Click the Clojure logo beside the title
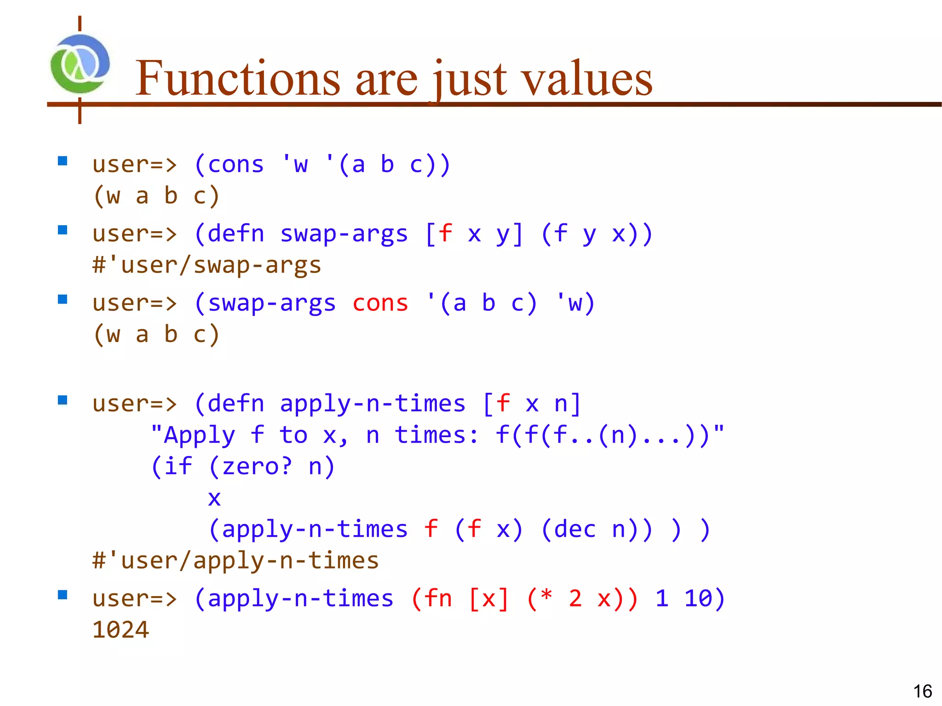click(x=80, y=64)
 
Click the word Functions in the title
click(x=237, y=79)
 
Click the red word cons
click(x=380, y=304)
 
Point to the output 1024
click(x=121, y=630)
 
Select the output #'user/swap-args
click(x=207, y=266)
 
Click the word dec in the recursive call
click(x=574, y=529)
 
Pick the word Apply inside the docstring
click(x=199, y=435)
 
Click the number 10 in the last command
click(x=698, y=598)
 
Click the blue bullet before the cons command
click(x=63, y=161)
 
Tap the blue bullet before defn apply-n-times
click(x=63, y=400)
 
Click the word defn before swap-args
click(x=236, y=234)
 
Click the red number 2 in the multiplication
click(x=575, y=598)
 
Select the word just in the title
click(x=470, y=79)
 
